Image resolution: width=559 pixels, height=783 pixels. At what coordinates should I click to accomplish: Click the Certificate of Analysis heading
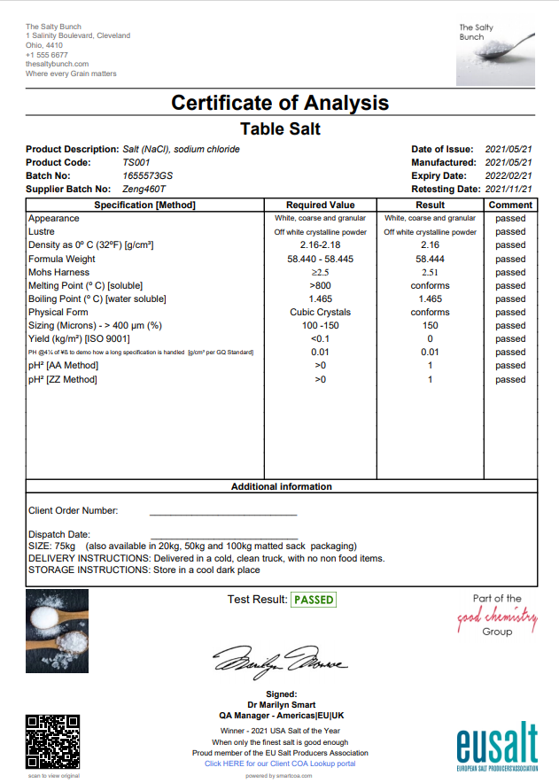pos(280,103)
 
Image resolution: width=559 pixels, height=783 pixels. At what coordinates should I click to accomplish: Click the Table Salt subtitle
pos(280,129)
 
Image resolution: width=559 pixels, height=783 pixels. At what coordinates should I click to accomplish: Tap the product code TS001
pos(136,162)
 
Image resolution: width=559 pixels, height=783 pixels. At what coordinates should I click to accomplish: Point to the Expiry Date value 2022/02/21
pos(509,175)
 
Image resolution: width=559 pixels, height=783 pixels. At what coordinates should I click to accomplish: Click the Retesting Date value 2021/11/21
pos(509,189)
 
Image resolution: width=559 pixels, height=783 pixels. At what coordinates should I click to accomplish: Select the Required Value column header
pos(320,205)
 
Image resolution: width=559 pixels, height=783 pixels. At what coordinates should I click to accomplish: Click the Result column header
pos(430,205)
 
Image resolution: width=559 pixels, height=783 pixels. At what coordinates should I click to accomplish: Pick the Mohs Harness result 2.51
pos(430,272)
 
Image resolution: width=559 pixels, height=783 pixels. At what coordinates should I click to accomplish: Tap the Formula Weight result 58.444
pos(430,259)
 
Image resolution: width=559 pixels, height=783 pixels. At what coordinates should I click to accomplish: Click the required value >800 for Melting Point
pos(320,285)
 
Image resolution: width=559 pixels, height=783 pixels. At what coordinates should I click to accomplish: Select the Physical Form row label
pos(58,312)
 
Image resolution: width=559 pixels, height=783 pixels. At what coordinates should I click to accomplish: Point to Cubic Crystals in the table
pos(320,312)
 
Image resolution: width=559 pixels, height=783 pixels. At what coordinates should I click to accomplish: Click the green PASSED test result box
pos(314,600)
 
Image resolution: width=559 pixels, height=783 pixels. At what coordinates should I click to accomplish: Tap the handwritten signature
pos(280,661)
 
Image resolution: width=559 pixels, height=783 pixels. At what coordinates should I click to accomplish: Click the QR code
pos(53,740)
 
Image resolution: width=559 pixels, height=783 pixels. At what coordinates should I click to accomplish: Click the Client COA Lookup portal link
pos(280,764)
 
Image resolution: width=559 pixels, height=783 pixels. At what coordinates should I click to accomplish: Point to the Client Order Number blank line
pos(222,511)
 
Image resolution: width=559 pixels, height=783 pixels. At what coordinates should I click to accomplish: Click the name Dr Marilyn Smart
pos(281,705)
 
